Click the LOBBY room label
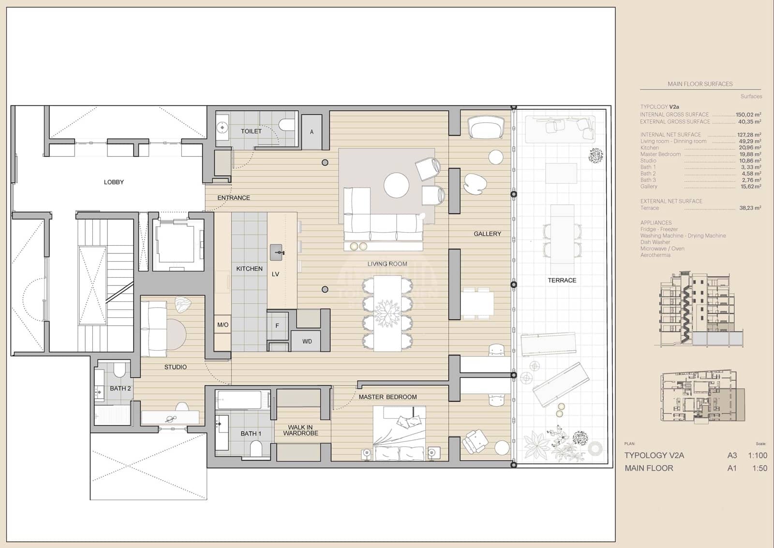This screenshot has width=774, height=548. click(114, 182)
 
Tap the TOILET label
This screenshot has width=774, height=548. click(251, 131)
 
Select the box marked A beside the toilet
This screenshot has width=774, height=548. click(312, 132)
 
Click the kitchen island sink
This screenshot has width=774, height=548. click(276, 252)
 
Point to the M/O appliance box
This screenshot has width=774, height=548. click(223, 325)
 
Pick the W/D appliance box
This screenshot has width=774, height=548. click(307, 341)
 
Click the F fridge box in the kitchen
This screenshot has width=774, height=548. click(277, 326)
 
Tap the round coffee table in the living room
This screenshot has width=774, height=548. click(397, 185)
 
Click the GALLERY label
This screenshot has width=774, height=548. click(487, 234)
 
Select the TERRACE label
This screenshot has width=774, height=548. click(562, 280)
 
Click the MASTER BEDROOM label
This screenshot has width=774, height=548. click(387, 397)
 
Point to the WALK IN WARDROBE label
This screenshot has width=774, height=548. click(300, 430)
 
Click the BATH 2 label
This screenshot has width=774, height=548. click(120, 388)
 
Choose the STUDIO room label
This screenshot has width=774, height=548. click(175, 367)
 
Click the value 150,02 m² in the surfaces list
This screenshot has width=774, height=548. click(748, 115)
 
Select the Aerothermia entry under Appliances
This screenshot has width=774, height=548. click(655, 255)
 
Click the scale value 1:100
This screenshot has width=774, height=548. click(757, 455)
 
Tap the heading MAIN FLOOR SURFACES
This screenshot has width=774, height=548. click(700, 84)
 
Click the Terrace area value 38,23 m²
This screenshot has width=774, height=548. click(750, 208)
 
